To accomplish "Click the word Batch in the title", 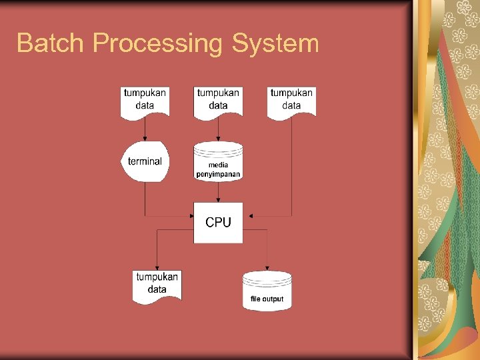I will [x=51, y=43].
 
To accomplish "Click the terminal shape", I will [x=145, y=161].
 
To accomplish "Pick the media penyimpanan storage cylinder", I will [x=218, y=161].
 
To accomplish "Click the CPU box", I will [x=218, y=222].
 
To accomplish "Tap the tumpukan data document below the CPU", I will [x=157, y=285].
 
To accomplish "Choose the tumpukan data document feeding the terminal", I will [x=145, y=101].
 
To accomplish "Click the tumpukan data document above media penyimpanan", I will [x=218, y=101].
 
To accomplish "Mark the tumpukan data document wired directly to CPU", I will [x=291, y=101].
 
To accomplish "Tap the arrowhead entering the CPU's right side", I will [x=247, y=215].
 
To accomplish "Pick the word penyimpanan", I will [x=218, y=174].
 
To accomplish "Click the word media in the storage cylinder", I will [x=218, y=165].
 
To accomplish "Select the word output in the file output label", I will [x=273, y=299].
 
